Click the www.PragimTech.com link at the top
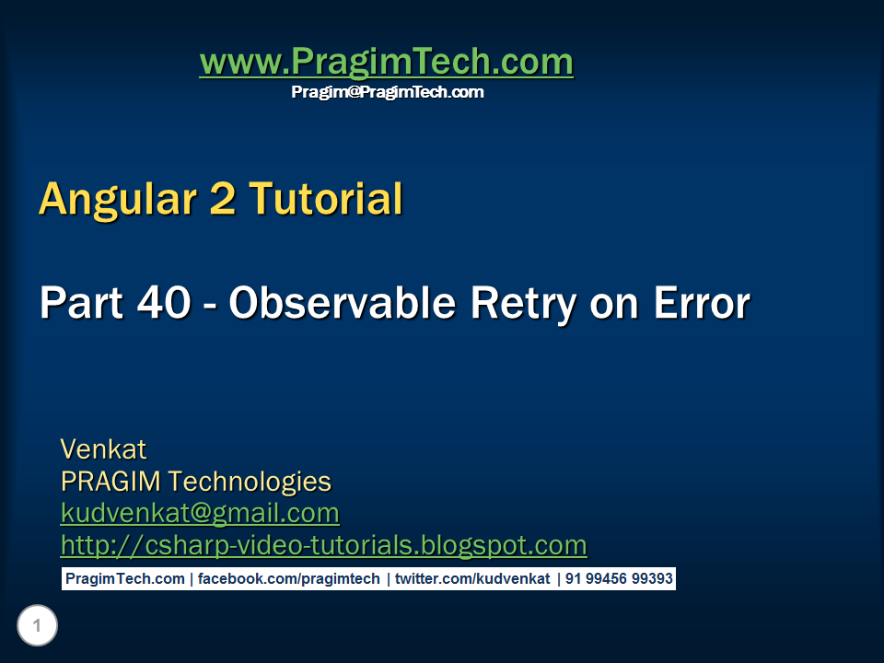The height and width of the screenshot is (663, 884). [x=386, y=63]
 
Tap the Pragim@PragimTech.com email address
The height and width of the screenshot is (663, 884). [x=387, y=92]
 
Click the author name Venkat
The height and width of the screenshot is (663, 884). [x=103, y=449]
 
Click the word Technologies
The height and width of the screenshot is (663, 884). [x=250, y=481]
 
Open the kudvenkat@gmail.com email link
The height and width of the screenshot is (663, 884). [x=200, y=512]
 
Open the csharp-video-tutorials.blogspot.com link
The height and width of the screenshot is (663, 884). [x=323, y=545]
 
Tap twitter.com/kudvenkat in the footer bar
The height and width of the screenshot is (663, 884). [x=472, y=579]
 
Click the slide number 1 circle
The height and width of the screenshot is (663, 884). [x=37, y=627]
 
